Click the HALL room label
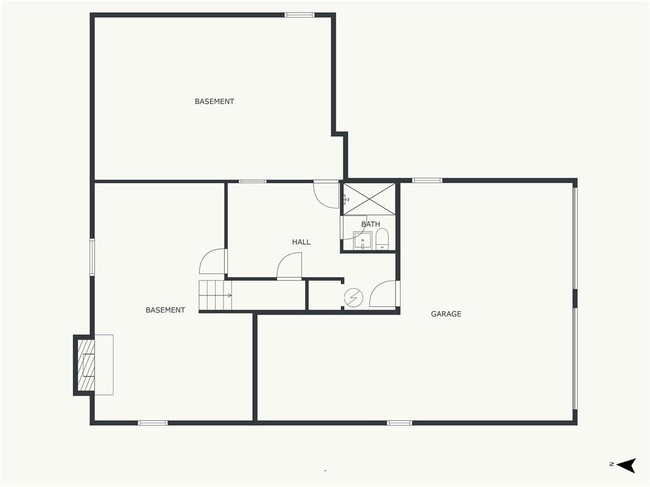pos(301,242)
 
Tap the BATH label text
pos(371,224)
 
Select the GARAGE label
pos(446,314)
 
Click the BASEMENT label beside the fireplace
pos(165,310)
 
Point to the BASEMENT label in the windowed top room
pos(214,101)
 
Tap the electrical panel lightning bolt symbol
pos(353,297)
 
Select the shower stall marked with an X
pos(369,199)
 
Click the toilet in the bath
pos(381,239)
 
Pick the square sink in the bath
pos(362,240)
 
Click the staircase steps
pos(215,295)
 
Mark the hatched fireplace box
pos(85,366)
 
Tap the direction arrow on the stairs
pos(228,295)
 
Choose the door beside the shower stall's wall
pos(327,195)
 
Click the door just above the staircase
pos(214,262)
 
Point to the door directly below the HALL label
pos(289,266)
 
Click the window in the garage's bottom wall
pos(399,422)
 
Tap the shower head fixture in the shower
pos(346,199)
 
